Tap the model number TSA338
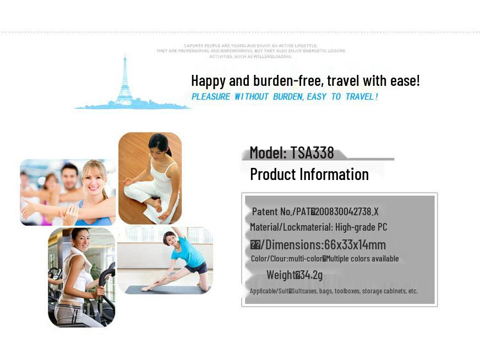point(312,152)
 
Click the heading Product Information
point(309,174)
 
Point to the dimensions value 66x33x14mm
point(355,244)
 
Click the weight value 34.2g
point(312,275)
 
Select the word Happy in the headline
point(208,81)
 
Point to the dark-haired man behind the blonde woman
point(70,176)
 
